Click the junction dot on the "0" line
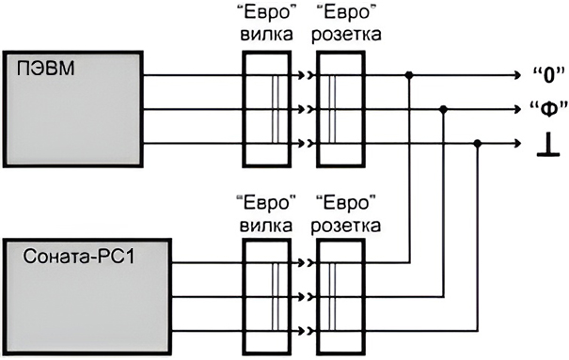click(409, 74)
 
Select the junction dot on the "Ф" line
click(444, 108)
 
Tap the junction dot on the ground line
click(478, 143)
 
